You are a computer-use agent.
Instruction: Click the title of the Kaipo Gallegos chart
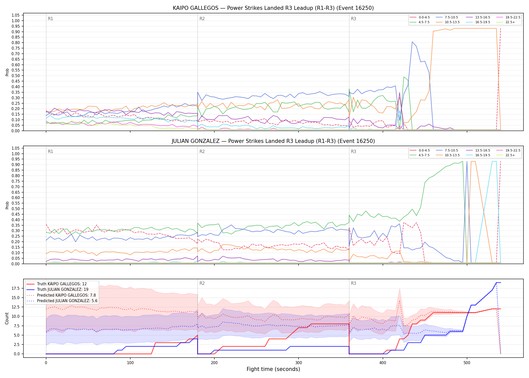(x=273, y=8)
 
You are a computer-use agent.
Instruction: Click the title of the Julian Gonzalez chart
(x=273, y=141)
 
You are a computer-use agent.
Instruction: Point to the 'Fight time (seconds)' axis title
(x=273, y=369)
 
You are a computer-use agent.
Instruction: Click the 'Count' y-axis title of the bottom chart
(x=7, y=318)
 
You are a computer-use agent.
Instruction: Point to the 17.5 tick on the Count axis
(x=16, y=288)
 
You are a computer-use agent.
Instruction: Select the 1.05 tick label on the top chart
(x=16, y=15)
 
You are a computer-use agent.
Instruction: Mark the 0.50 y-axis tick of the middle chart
(x=16, y=209)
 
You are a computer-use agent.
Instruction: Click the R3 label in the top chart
(x=353, y=19)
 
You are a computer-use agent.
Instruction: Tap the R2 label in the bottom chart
(x=202, y=283)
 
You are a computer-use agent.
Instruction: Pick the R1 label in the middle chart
(x=50, y=151)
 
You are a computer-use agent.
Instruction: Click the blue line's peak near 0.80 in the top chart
(x=412, y=42)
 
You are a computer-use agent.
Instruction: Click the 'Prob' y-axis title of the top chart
(x=7, y=72)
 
